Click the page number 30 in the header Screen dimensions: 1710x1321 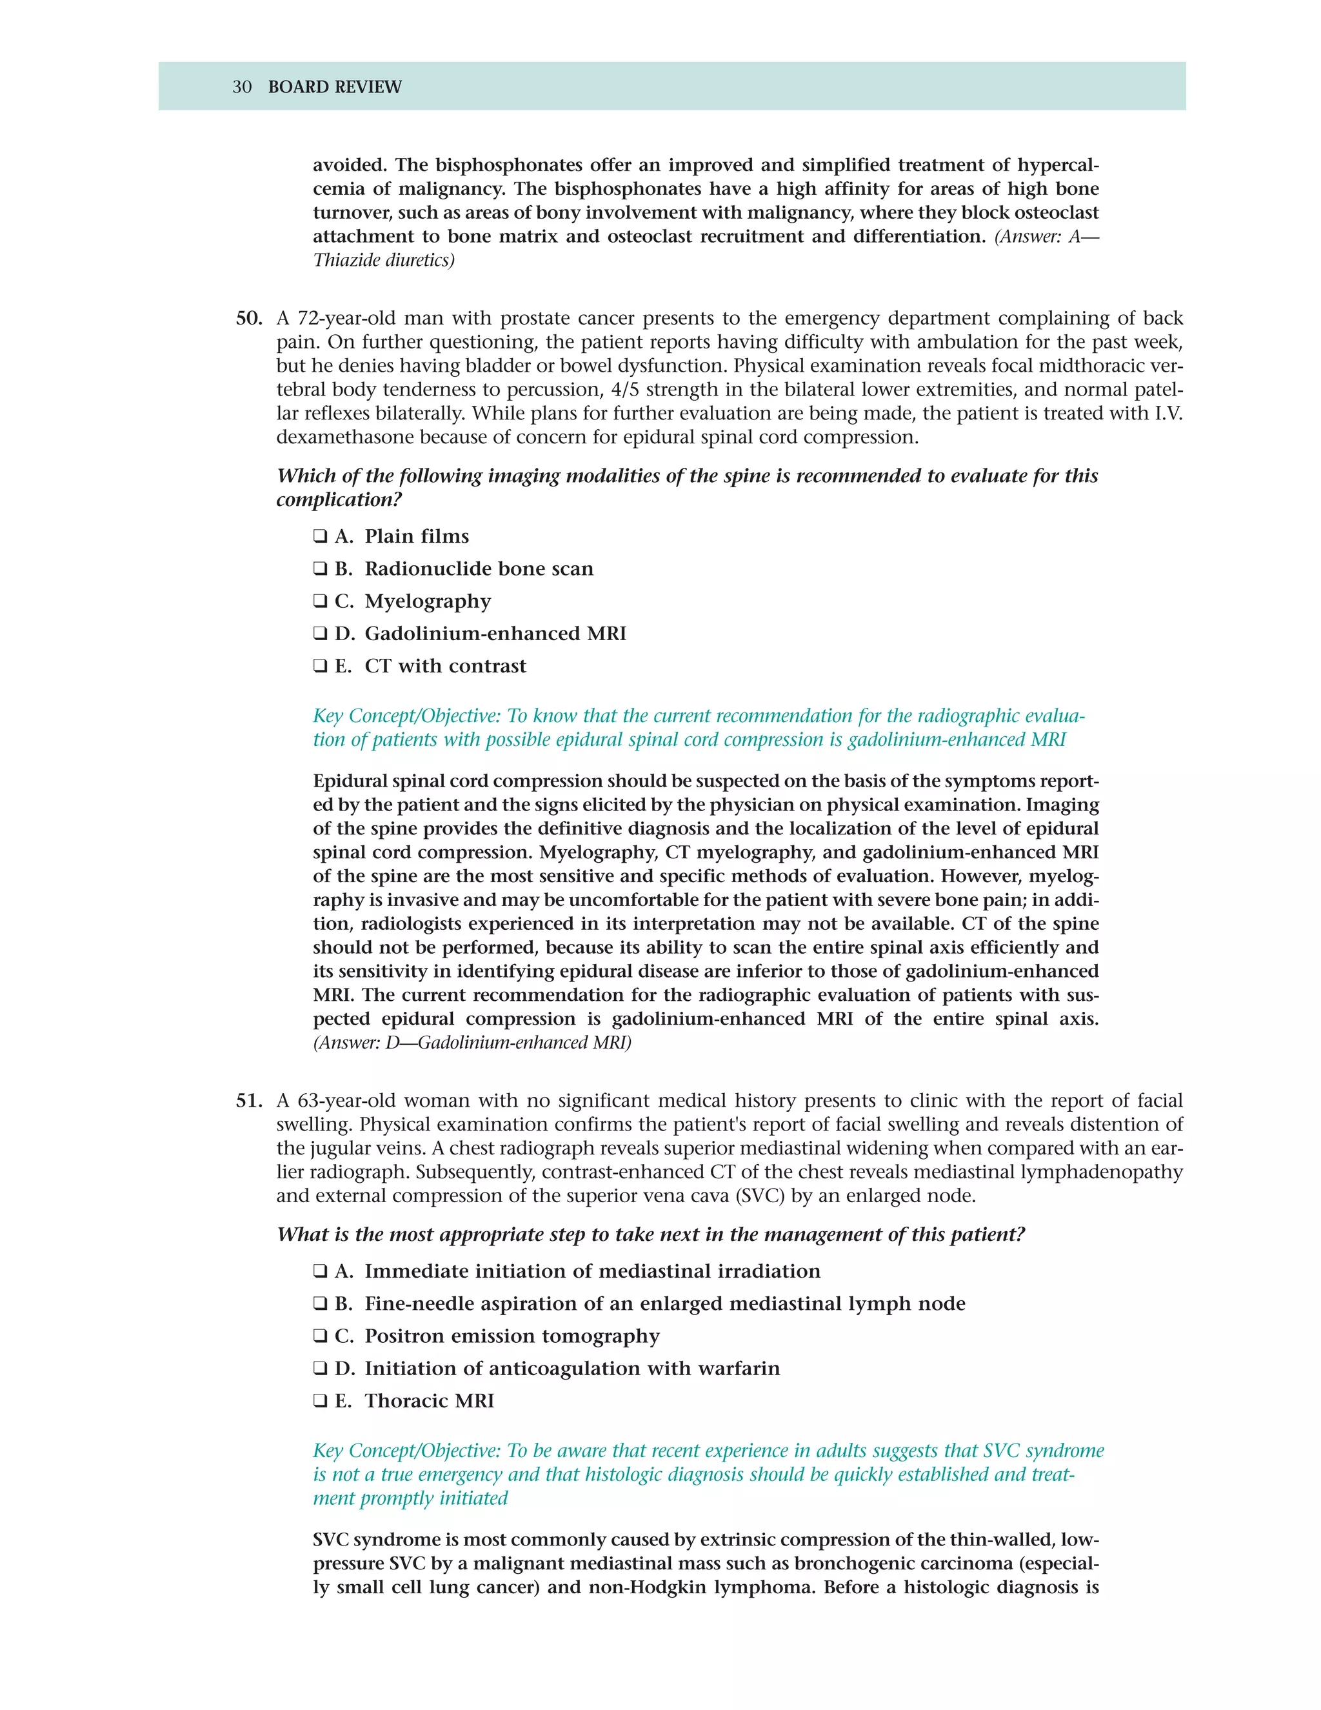pyautogui.click(x=241, y=87)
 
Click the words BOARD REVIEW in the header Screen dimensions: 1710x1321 pyautogui.click(x=334, y=87)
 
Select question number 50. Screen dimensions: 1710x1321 pyautogui.click(x=248, y=319)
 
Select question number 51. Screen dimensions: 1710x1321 pyautogui.click(x=248, y=1101)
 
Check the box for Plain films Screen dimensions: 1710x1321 pyautogui.click(x=319, y=536)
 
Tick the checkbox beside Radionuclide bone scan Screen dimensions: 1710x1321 pyautogui.click(x=319, y=568)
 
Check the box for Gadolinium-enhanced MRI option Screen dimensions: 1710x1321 pyautogui.click(x=319, y=634)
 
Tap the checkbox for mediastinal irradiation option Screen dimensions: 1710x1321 pyautogui.click(x=319, y=1272)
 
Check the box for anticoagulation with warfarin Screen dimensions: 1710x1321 pyautogui.click(x=319, y=1369)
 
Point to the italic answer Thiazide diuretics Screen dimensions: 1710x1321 pyautogui.click(x=384, y=261)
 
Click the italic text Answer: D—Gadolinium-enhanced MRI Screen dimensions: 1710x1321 pyautogui.click(x=472, y=1043)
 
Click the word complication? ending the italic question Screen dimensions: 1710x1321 pyautogui.click(x=338, y=499)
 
